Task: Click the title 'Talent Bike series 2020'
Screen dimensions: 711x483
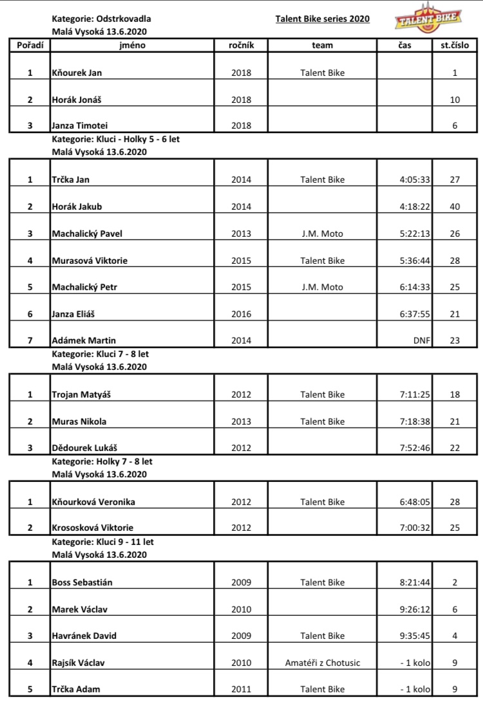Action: [x=322, y=19]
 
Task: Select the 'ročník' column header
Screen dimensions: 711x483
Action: [x=241, y=46]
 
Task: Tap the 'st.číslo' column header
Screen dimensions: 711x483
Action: [x=454, y=46]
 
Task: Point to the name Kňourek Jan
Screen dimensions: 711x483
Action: [x=77, y=73]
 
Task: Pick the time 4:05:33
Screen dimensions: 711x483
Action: [x=415, y=180]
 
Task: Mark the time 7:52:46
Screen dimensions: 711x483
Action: [x=415, y=448]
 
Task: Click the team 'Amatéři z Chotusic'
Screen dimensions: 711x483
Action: [x=322, y=663]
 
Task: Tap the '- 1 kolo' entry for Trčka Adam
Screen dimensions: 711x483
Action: [x=415, y=689]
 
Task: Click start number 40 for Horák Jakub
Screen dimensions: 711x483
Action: [x=455, y=207]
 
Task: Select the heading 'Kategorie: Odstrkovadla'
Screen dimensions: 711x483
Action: [x=101, y=19]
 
